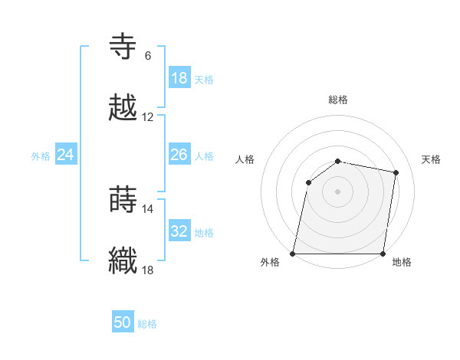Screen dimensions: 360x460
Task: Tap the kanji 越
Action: click(123, 107)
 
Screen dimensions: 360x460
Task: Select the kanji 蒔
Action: click(123, 199)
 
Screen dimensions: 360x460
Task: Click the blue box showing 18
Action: click(179, 78)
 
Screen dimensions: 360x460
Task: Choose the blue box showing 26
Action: click(179, 155)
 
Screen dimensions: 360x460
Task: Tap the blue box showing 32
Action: click(179, 232)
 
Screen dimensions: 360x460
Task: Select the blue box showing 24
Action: click(66, 155)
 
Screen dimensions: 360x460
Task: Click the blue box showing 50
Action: click(123, 323)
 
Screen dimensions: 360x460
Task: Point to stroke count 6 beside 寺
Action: click(148, 56)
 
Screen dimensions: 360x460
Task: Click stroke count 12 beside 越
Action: click(148, 117)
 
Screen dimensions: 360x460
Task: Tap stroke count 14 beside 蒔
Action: click(148, 208)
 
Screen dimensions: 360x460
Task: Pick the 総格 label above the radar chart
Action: click(338, 100)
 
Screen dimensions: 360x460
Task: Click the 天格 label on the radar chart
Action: click(432, 159)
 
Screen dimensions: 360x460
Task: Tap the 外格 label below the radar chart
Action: click(270, 263)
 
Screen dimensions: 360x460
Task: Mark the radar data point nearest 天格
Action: click(396, 172)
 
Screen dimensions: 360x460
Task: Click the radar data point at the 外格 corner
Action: click(293, 253)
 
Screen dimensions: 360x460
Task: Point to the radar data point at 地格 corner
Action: click(383, 253)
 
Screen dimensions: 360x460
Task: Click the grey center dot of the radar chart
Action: click(337, 191)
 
